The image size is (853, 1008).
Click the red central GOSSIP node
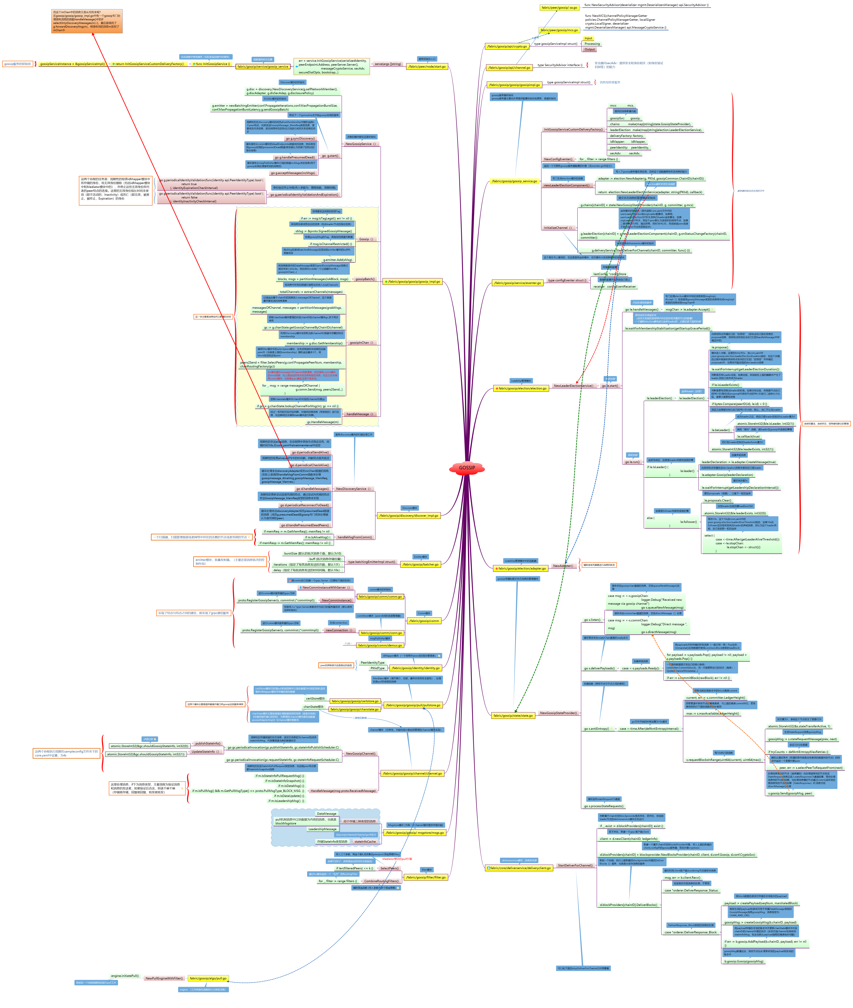click(467, 468)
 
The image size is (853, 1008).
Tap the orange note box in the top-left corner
click(87, 21)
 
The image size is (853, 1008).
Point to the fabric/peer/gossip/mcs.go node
click(559, 30)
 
